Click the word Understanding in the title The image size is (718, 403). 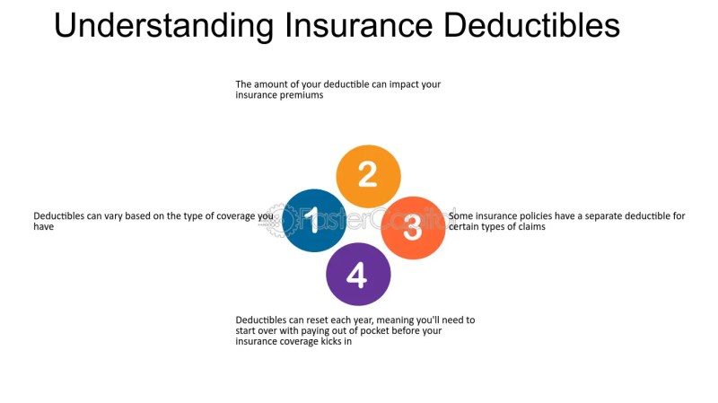coord(164,26)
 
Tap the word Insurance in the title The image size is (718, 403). coord(358,26)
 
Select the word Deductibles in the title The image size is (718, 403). coord(531,26)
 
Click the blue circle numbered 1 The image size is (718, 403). coord(313,220)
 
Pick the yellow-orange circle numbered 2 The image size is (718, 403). coord(368,176)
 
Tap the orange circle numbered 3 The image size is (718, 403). coord(413,228)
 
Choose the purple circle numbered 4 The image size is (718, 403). coord(358,274)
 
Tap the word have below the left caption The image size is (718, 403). coord(43,227)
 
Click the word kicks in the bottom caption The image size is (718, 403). coord(331,341)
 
